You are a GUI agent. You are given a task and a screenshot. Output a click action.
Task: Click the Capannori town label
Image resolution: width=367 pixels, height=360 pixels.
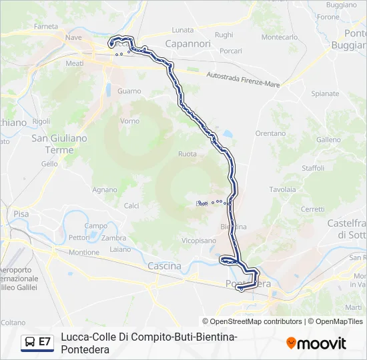(188, 44)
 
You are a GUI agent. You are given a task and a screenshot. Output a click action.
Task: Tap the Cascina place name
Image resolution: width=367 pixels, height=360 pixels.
(164, 266)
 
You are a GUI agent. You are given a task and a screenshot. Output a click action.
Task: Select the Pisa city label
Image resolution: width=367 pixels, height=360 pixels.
(21, 214)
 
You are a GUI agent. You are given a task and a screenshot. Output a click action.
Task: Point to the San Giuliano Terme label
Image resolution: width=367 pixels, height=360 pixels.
(59, 144)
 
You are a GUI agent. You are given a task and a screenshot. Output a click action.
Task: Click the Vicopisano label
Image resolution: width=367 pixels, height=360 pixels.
(199, 239)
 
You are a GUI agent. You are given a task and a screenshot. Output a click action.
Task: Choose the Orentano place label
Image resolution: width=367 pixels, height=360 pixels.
(270, 133)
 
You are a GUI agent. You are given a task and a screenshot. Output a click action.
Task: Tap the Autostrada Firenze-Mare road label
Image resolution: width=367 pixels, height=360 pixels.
(243, 79)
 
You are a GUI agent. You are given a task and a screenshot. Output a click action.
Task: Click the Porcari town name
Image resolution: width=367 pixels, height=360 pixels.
(230, 51)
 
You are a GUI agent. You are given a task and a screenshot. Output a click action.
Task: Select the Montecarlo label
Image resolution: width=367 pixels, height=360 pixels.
(280, 37)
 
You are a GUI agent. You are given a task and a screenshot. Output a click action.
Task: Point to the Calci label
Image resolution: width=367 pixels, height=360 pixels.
(131, 205)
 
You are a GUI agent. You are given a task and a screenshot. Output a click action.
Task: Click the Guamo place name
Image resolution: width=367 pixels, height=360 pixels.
(129, 91)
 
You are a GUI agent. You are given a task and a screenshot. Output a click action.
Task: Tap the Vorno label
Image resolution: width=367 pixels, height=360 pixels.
(129, 121)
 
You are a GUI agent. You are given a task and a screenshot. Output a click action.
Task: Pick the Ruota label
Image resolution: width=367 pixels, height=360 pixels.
(188, 154)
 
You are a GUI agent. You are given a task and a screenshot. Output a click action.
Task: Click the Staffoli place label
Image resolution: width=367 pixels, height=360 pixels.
(313, 168)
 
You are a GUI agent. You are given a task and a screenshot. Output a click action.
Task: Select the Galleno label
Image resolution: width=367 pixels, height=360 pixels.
(328, 140)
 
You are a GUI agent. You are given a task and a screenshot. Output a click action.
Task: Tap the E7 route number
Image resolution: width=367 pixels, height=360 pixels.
(45, 341)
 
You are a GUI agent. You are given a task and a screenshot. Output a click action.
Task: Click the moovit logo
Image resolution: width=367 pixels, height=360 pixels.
(316, 343)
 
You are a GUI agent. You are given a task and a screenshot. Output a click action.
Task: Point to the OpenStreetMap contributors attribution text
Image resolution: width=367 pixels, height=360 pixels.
(256, 321)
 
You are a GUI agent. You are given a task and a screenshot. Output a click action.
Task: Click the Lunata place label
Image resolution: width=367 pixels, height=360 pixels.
(182, 30)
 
